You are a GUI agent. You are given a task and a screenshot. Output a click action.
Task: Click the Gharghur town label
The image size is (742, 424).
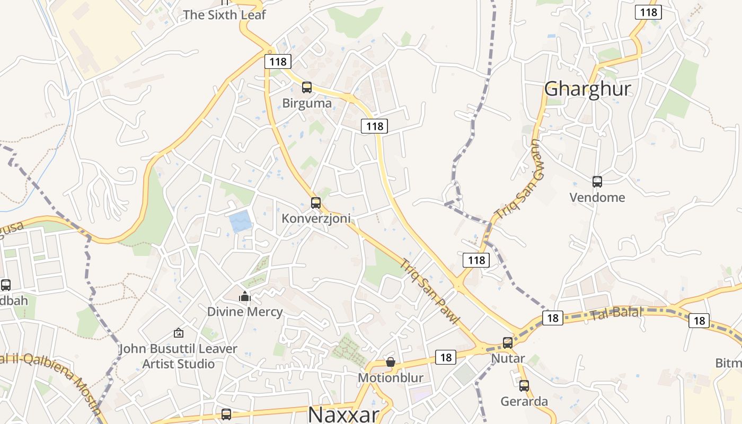(588, 89)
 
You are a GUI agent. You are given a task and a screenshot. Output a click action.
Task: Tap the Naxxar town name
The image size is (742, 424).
(343, 414)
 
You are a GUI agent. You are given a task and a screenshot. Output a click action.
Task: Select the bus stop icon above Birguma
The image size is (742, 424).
(307, 87)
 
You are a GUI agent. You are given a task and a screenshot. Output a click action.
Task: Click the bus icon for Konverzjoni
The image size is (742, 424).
(316, 202)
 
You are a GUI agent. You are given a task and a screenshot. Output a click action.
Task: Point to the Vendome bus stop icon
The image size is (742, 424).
(597, 182)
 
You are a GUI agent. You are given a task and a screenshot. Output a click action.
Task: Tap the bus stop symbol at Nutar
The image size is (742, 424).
(508, 343)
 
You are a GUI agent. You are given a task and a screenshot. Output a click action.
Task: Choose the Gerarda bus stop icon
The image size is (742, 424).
(524, 386)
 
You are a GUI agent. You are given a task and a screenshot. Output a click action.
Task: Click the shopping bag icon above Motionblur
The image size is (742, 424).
(391, 362)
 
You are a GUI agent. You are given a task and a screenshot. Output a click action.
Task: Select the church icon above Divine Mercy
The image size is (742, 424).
(244, 296)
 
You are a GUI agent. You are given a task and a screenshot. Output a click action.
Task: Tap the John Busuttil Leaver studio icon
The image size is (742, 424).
(179, 333)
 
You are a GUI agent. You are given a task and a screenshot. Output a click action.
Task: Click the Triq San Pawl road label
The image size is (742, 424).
(429, 291)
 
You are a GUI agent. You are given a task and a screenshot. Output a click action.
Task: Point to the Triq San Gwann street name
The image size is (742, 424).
(519, 180)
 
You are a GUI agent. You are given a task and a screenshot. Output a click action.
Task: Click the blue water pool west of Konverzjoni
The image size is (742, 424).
(240, 221)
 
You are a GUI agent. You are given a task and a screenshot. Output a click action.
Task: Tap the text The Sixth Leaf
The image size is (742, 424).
(224, 15)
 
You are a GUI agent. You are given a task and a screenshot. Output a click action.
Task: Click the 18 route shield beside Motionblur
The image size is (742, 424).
(446, 357)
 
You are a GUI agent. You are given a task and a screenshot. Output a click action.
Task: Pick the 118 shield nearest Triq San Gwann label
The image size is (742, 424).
(476, 260)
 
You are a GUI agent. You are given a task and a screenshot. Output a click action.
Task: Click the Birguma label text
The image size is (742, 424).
(307, 103)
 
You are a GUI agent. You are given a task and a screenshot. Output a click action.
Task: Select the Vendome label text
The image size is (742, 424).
(597, 198)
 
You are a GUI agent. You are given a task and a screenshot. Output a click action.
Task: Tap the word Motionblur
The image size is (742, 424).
(391, 378)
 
